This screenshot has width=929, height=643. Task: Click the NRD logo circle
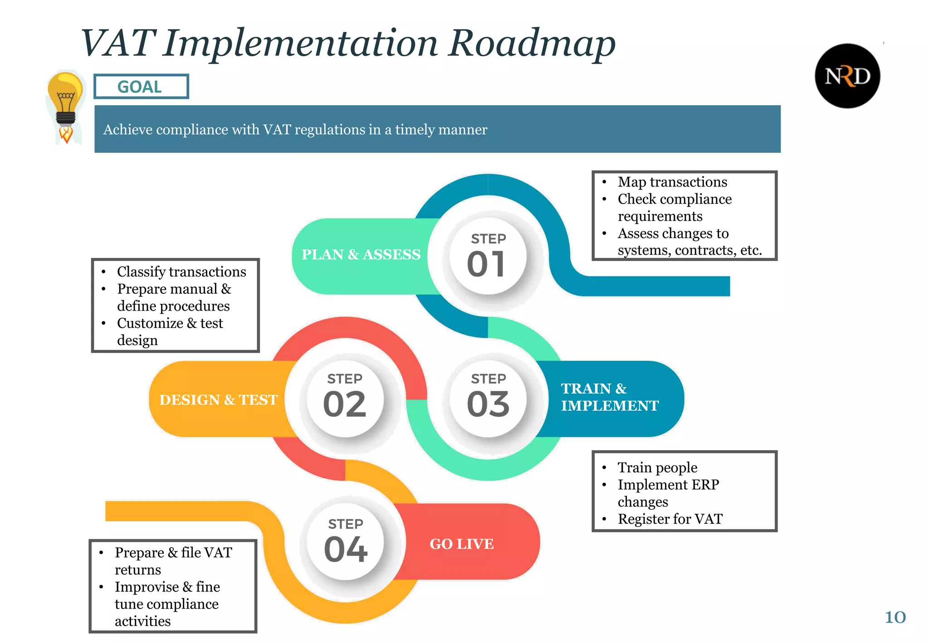point(847,76)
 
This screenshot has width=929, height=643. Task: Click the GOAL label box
point(141,86)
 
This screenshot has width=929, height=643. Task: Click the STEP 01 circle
point(488,256)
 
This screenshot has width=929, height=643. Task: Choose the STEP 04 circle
point(345,542)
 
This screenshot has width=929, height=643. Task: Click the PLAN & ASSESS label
point(361,254)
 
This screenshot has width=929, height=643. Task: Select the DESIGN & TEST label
point(218,399)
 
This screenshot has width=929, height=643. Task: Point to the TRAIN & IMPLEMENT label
point(609,397)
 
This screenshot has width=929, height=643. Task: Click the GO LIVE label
point(461,544)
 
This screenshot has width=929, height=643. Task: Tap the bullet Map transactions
point(672,182)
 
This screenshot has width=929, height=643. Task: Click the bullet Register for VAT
point(670,519)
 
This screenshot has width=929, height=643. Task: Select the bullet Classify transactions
point(181,272)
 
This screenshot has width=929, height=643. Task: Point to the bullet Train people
point(657,468)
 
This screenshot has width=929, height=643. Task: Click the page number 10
point(895,617)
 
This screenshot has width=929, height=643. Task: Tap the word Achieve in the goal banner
point(127,130)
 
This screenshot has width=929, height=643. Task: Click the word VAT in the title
point(119,43)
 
